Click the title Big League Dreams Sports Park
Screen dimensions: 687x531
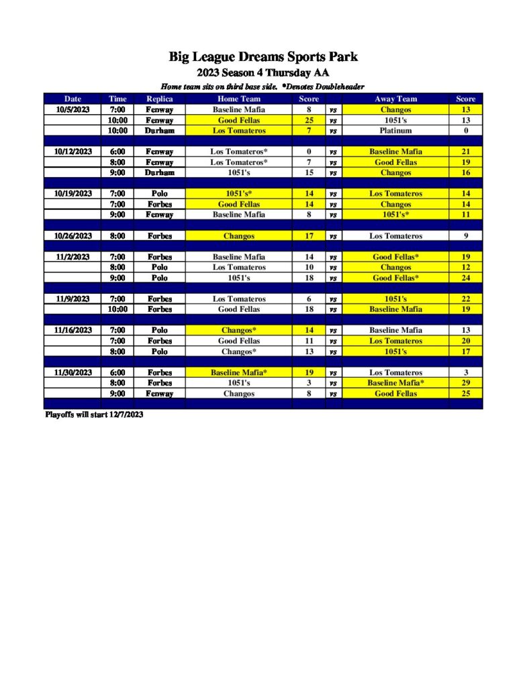(262, 57)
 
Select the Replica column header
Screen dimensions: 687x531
(160, 99)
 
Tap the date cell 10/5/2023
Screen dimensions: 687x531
(73, 109)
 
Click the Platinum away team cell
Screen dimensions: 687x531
(395, 131)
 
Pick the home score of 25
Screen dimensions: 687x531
(309, 120)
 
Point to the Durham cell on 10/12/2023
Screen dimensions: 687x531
(160, 172)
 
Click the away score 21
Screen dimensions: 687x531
(466, 152)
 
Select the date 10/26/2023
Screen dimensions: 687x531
(73, 235)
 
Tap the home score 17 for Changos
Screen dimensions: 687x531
(309, 235)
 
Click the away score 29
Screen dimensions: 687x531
(466, 383)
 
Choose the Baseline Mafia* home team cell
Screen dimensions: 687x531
(239, 372)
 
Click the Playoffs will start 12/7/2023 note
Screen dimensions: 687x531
(94, 415)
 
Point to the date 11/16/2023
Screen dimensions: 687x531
(73, 330)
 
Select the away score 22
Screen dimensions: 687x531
(466, 299)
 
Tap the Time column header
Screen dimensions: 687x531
(117, 99)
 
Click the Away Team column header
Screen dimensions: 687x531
(395, 99)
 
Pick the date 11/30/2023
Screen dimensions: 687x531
(73, 372)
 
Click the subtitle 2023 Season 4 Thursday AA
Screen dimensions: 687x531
(262, 72)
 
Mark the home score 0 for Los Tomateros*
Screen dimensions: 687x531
(309, 152)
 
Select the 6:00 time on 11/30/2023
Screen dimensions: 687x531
(117, 372)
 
